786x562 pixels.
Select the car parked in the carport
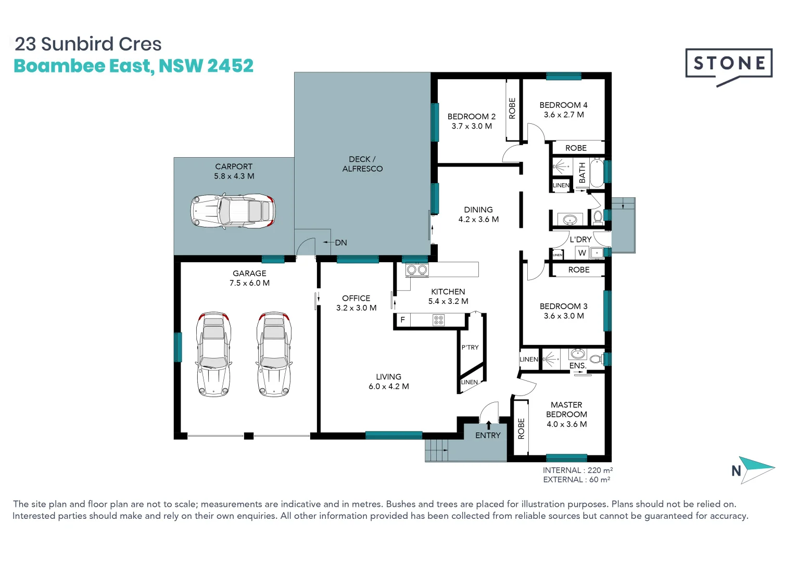click(x=233, y=211)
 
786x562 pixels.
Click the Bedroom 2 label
click(x=471, y=117)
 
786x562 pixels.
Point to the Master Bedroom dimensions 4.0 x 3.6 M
click(x=566, y=424)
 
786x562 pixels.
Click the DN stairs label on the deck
click(x=340, y=242)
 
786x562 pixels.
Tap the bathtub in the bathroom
click(x=597, y=173)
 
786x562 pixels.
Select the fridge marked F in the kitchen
click(x=402, y=320)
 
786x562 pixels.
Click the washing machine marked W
click(x=582, y=253)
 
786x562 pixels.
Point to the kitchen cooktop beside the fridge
click(x=439, y=320)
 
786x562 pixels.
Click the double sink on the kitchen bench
click(x=416, y=270)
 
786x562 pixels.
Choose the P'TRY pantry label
click(x=470, y=347)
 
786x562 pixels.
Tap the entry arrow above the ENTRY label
click(x=488, y=425)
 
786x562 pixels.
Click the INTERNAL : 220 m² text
click(x=577, y=470)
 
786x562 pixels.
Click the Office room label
click(x=356, y=298)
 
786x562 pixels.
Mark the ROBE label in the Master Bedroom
click(x=521, y=429)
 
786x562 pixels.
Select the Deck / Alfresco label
click(x=362, y=164)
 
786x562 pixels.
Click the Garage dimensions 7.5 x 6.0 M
click(x=249, y=283)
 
